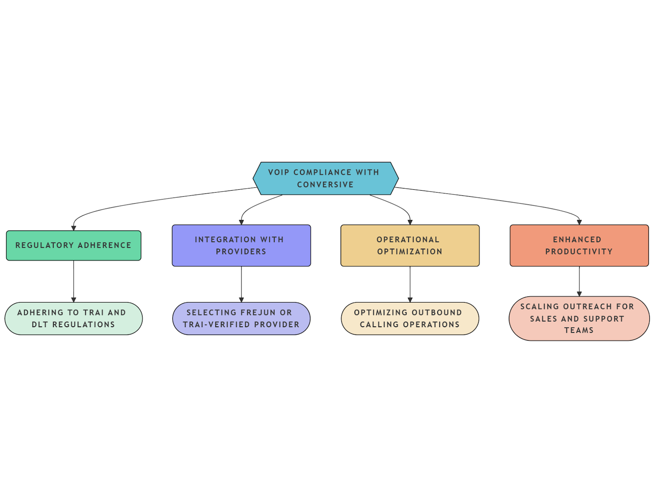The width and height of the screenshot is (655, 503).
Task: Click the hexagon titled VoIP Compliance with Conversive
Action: coord(325,178)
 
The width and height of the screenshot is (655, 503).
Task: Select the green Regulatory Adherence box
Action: coord(74,245)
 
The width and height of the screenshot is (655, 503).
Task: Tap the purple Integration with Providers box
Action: coord(241,245)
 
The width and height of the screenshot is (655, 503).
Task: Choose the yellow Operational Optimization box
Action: coord(410,245)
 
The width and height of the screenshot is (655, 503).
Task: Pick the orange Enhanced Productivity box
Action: coord(579,245)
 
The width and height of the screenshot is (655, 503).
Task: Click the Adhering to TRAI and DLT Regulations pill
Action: coord(74,319)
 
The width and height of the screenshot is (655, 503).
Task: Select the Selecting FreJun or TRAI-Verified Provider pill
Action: coord(241,319)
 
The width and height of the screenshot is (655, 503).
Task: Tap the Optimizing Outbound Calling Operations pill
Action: coord(410,319)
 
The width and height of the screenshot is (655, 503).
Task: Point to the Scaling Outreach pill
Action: coord(579,319)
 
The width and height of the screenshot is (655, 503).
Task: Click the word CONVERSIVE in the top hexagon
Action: coord(325,185)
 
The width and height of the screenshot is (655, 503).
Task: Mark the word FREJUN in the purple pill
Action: coord(258,313)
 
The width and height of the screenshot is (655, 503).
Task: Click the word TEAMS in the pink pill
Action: coord(579,330)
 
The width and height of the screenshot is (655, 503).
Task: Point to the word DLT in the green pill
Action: coord(40,325)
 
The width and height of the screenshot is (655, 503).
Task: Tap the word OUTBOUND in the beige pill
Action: coord(437,313)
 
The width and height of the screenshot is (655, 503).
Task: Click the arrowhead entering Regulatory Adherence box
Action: coord(74,228)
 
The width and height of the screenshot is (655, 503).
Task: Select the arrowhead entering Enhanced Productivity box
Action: coord(579,222)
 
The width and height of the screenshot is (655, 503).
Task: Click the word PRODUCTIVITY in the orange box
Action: coord(579,251)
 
